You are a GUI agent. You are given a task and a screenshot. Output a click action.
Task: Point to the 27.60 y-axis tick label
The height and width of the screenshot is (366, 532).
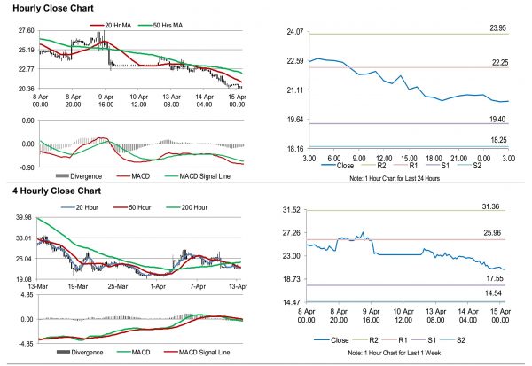[26, 31]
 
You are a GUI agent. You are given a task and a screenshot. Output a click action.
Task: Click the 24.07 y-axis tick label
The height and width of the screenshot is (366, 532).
[293, 32]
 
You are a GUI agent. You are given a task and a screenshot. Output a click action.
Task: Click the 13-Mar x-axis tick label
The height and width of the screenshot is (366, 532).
[40, 289]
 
